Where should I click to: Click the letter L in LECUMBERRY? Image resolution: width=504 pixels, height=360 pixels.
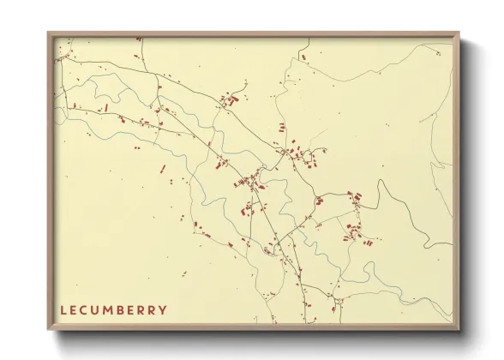pos(63,309)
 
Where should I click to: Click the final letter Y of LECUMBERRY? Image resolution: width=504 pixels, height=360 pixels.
pos(163,309)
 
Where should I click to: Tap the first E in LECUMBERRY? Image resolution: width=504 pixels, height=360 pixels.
pos(74,309)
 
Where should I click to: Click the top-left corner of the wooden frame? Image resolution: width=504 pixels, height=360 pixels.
pos(48,33)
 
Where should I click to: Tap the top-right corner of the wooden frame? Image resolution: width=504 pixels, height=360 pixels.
pos(459,33)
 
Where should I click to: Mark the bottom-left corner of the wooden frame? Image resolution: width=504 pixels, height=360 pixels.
pos(48,329)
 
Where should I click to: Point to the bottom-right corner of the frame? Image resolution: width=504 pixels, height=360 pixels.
pos(459,329)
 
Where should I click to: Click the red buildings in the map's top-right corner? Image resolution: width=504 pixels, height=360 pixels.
pos(303,57)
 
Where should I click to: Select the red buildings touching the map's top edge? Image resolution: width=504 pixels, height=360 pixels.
pos(138,38)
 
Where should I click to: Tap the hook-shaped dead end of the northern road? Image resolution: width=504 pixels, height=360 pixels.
pos(246,83)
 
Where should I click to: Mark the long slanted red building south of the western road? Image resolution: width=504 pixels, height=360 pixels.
pos(106,108)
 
